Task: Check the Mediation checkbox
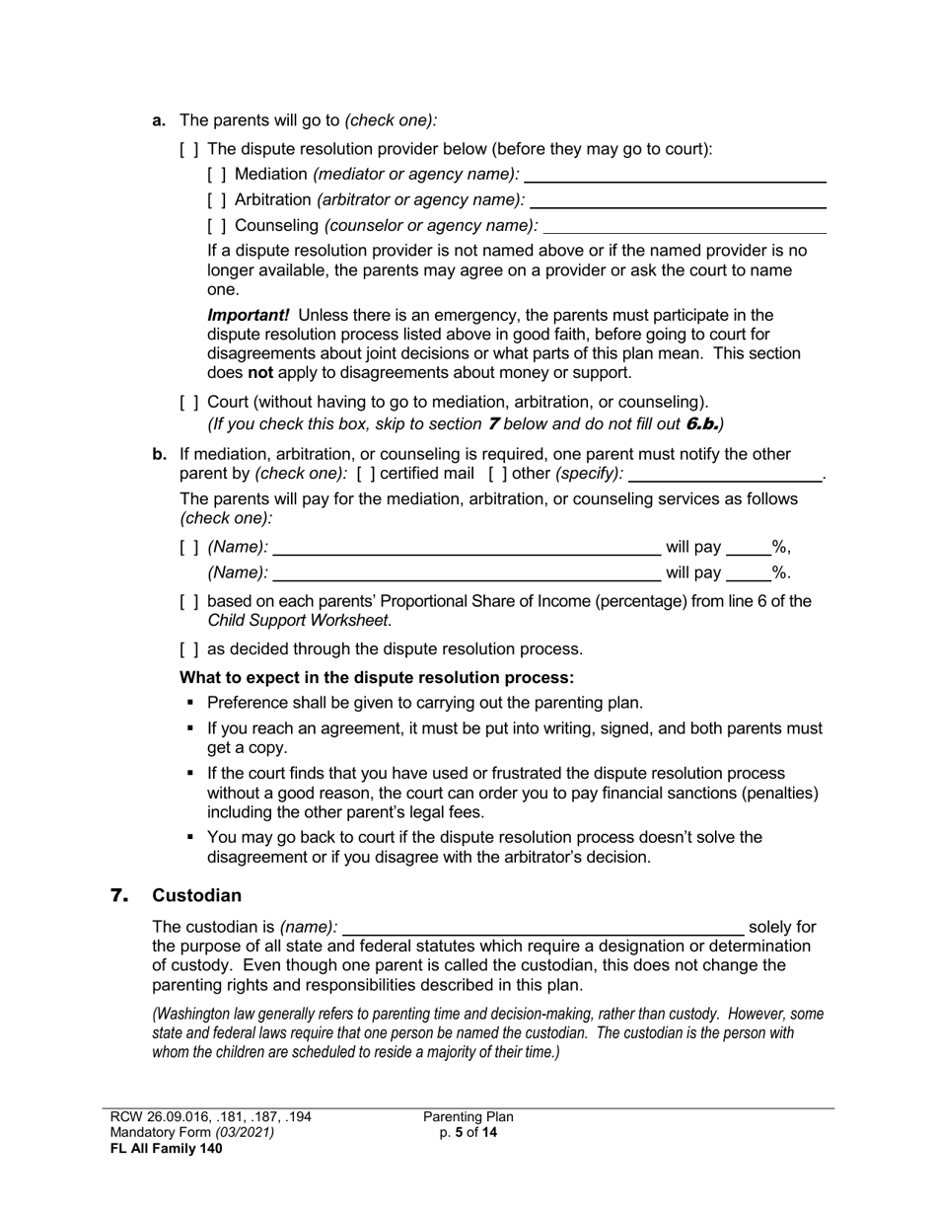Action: coord(217,175)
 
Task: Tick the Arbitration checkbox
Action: coord(217,200)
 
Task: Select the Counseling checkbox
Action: coord(217,226)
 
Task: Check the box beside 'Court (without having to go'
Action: coord(189,403)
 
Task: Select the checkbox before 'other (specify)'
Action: coord(497,474)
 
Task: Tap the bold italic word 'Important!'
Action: coord(248,315)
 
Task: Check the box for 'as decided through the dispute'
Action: coord(189,649)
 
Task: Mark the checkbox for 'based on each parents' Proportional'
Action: coord(189,602)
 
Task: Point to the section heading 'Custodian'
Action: coord(196,896)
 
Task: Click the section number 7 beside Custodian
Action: coord(119,896)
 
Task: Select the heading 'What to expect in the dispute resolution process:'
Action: coord(376,678)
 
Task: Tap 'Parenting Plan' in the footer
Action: coord(468,1117)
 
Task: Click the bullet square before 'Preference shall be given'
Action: coord(190,704)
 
